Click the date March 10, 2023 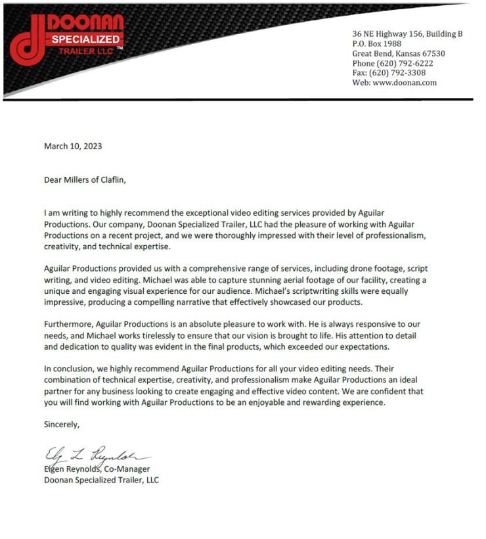tap(73, 146)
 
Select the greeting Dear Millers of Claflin tap(84, 179)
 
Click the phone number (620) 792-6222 tap(404, 63)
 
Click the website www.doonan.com tap(405, 83)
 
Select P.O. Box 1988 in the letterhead tap(377, 43)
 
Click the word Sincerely tap(62, 425)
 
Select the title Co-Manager tap(127, 469)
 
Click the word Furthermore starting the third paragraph tap(68, 325)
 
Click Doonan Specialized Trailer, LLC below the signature tap(101, 480)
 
